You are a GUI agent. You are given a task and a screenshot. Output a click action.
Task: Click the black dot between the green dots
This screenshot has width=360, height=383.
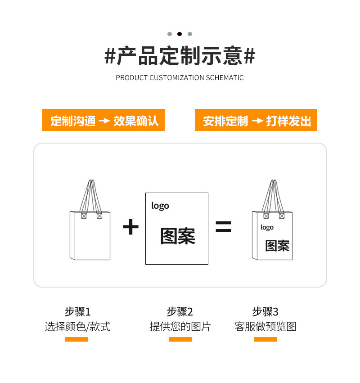180,34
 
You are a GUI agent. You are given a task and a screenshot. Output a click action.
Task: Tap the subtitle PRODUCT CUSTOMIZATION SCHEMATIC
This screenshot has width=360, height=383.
180,77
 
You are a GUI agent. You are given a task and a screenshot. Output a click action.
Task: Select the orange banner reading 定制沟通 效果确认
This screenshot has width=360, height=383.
103,120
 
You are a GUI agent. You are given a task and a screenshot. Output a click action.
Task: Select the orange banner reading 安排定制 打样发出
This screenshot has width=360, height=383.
256,120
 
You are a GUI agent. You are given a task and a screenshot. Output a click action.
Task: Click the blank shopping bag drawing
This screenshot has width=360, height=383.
90,230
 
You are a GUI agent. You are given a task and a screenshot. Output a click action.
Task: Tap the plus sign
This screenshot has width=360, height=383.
130,227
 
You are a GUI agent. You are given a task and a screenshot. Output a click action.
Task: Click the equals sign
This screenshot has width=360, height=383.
223,227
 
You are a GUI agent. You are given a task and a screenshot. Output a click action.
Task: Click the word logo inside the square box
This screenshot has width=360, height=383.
160,206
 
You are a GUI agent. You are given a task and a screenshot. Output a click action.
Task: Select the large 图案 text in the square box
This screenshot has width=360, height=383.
178,236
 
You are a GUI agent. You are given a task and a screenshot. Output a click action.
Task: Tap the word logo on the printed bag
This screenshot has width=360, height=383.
267,227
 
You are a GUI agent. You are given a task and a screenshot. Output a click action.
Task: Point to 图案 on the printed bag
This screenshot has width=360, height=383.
277,246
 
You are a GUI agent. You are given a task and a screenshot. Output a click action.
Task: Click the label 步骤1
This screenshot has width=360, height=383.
77,311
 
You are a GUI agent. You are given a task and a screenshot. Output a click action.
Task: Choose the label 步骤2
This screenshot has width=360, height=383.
180,311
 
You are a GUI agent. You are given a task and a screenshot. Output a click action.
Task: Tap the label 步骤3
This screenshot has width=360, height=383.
265,311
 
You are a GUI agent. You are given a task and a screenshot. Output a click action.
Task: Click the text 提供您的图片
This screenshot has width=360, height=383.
180,327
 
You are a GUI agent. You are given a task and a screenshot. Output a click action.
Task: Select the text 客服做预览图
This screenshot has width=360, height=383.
265,327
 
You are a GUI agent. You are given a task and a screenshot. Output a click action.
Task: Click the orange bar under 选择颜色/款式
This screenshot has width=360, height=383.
76,339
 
